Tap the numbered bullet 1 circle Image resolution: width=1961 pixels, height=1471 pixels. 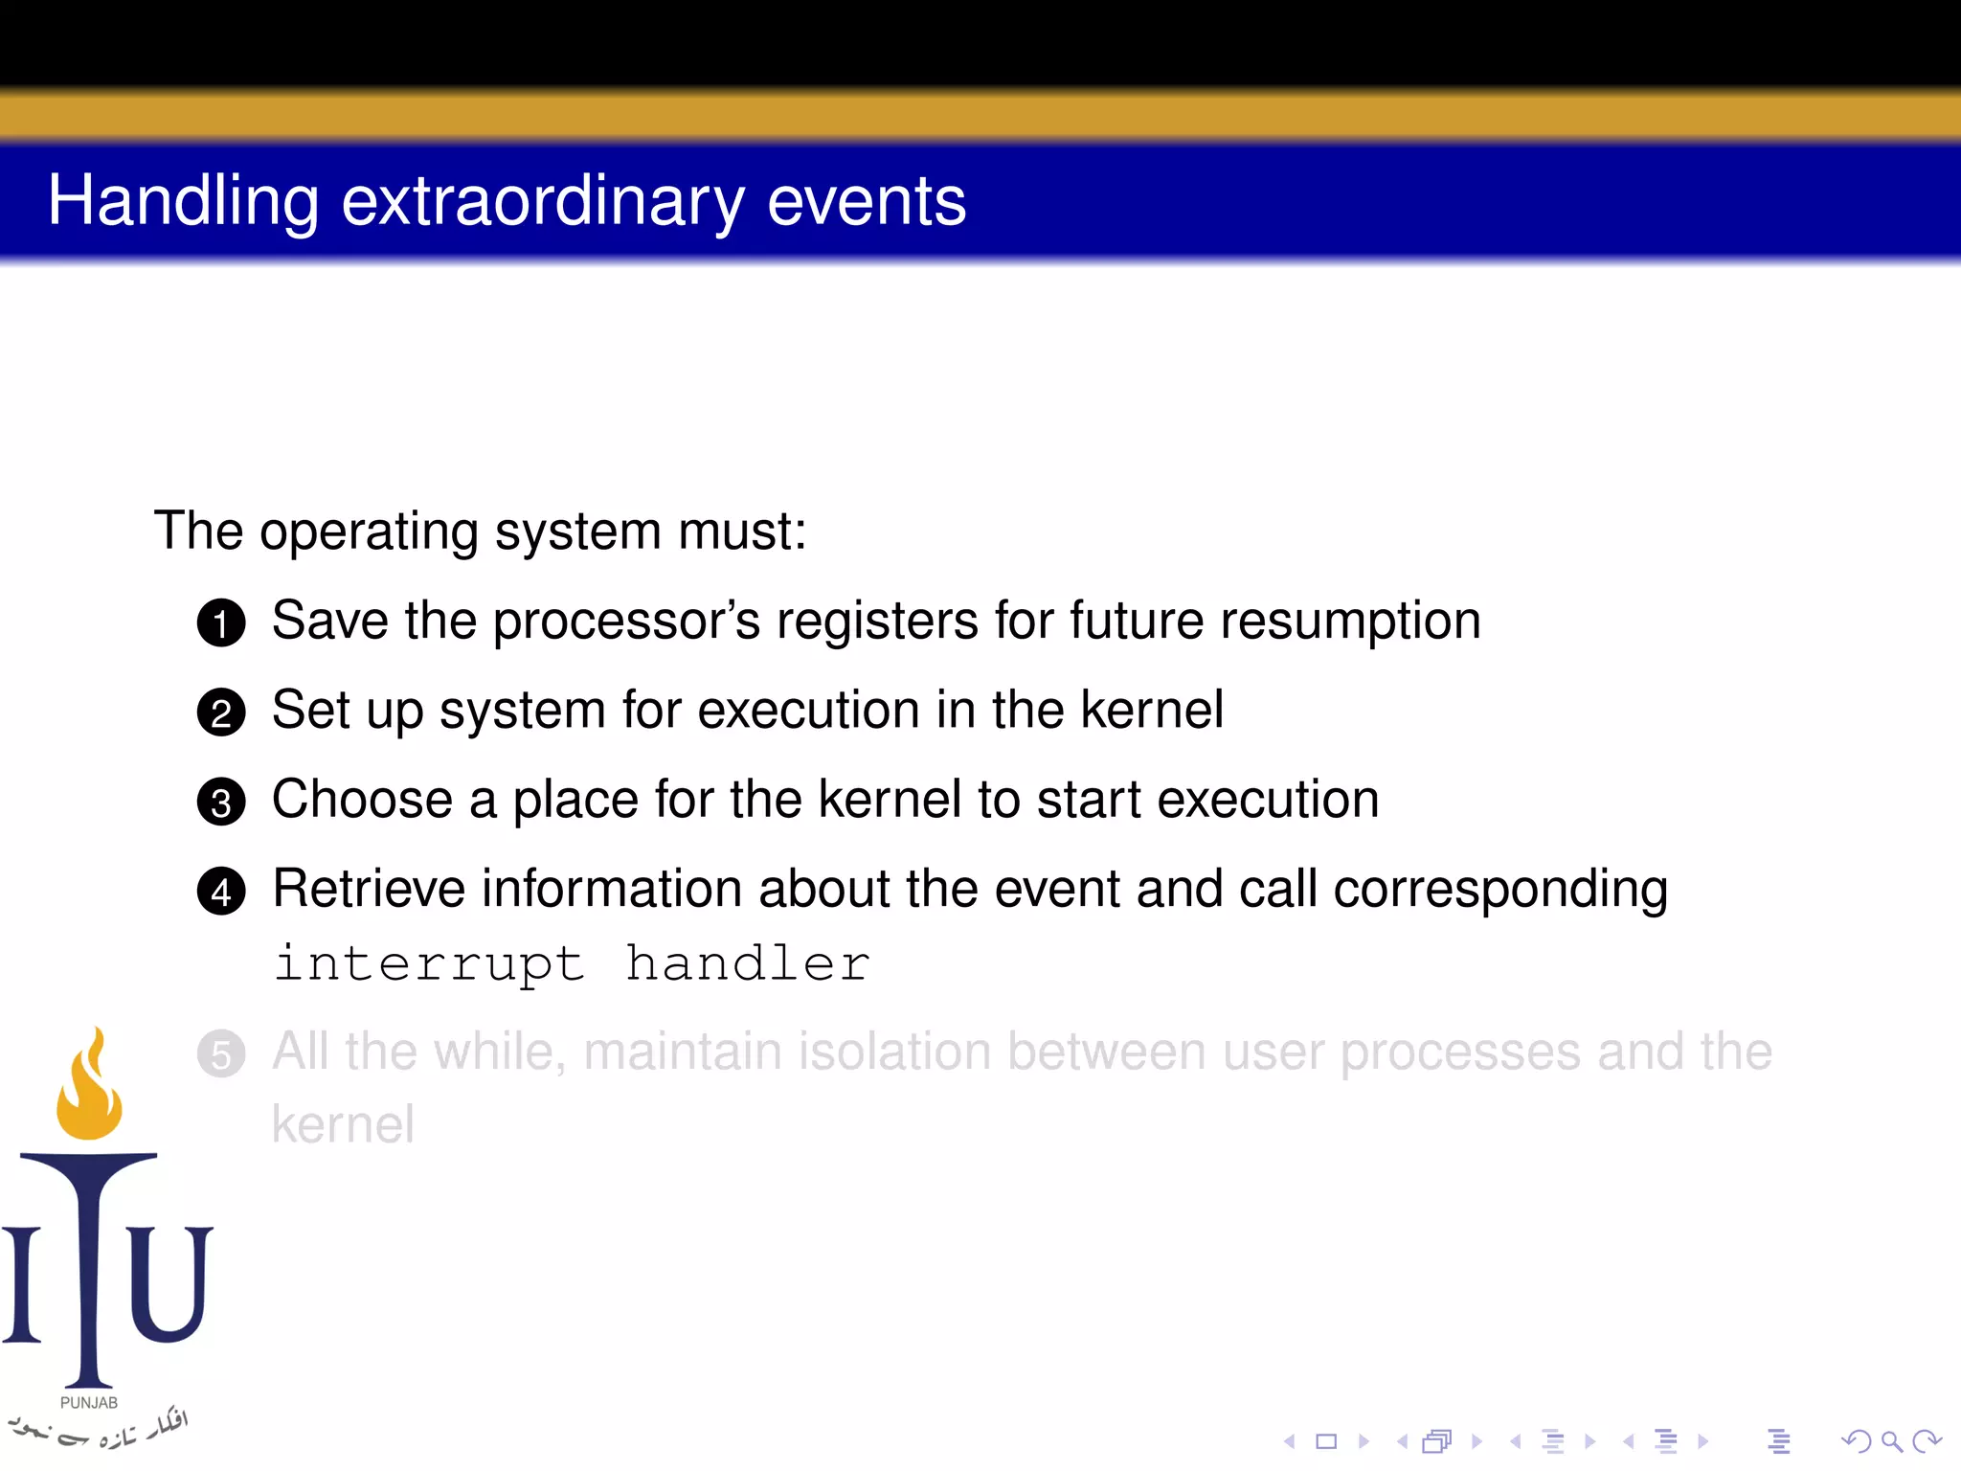221,623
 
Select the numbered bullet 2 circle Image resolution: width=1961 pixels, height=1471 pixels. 221,713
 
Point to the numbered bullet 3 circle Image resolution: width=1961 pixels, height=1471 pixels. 221,802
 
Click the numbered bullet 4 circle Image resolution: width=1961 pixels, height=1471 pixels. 221,892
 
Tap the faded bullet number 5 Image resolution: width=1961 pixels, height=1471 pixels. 221,1054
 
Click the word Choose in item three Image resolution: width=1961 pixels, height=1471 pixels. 362,800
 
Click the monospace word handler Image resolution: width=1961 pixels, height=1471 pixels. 747,963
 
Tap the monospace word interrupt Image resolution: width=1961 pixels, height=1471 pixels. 429,963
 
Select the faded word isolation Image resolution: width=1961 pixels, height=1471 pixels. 894,1052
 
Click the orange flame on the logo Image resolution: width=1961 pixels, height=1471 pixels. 89,1092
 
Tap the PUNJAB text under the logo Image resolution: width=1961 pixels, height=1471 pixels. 89,1403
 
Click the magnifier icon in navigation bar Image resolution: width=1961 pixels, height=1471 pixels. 1891,1441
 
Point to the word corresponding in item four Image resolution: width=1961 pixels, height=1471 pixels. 1499,889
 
